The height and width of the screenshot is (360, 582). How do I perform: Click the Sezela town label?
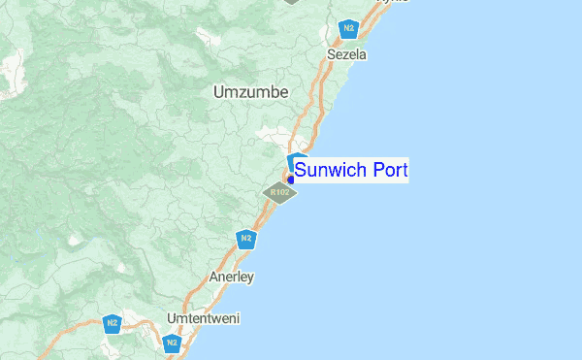click(x=347, y=55)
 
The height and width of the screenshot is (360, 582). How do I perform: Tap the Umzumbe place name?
click(x=250, y=91)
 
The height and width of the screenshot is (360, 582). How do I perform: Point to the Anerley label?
click(x=232, y=278)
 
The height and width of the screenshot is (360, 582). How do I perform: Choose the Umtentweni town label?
click(x=203, y=318)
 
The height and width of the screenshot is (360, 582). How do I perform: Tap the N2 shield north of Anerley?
click(x=246, y=239)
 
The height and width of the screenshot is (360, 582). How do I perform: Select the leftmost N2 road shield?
click(x=113, y=323)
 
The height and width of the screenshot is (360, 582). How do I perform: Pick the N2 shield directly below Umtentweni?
click(x=172, y=343)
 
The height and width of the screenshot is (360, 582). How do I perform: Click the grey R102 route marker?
click(x=279, y=193)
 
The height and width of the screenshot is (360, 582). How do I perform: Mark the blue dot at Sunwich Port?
click(x=290, y=179)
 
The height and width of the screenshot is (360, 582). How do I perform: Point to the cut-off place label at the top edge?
click(x=393, y=2)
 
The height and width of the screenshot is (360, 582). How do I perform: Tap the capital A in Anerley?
click(x=214, y=278)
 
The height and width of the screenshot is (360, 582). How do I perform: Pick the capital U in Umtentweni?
click(x=172, y=318)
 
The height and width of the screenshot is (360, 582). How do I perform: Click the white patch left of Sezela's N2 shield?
click(x=207, y=37)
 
